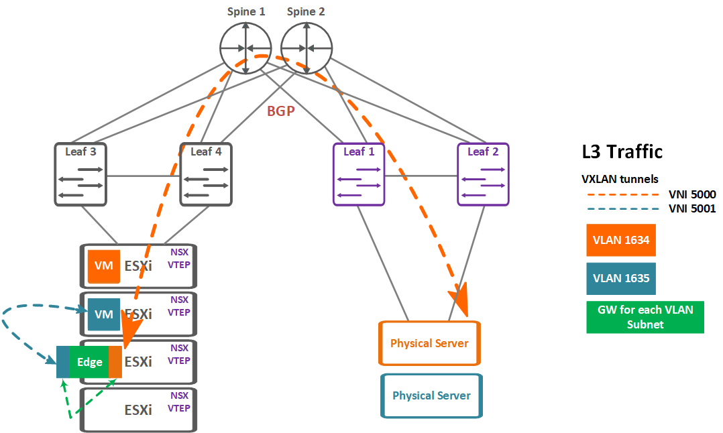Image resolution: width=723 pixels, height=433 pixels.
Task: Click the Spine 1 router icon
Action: pyautogui.click(x=245, y=48)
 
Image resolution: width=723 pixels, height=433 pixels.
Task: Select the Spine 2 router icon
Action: pyautogui.click(x=306, y=48)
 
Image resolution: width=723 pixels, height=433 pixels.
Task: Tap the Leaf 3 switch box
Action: pyautogui.click(x=80, y=174)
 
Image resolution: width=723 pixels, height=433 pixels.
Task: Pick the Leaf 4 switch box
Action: pyautogui.click(x=206, y=174)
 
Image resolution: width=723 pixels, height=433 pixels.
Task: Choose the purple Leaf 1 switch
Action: pyautogui.click(x=359, y=174)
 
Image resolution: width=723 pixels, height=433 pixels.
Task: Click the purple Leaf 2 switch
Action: pyautogui.click(x=483, y=174)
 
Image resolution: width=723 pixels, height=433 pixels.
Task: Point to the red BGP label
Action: pyautogui.click(x=281, y=111)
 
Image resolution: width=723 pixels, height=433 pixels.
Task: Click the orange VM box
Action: pyautogui.click(x=104, y=266)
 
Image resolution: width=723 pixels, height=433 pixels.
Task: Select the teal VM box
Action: pyautogui.click(x=104, y=314)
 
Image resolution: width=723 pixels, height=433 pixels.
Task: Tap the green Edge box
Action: pyautogui.click(x=89, y=362)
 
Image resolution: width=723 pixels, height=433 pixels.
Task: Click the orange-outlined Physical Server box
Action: pyautogui.click(x=429, y=343)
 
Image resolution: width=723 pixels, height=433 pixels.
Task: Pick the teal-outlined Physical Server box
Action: pyautogui.click(x=432, y=395)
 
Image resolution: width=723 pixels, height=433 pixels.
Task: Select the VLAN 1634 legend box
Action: pyautogui.click(x=621, y=240)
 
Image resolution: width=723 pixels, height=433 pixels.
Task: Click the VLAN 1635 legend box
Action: pyautogui.click(x=621, y=278)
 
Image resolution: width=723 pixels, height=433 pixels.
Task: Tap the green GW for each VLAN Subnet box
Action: pyautogui.click(x=645, y=317)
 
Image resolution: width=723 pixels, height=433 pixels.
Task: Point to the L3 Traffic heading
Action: pyautogui.click(x=622, y=151)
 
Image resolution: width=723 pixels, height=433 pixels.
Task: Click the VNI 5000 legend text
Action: pyautogui.click(x=692, y=194)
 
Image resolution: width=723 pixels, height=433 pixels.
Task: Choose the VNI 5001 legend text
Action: pyautogui.click(x=692, y=208)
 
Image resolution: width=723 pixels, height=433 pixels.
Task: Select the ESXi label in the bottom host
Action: pyautogui.click(x=138, y=410)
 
